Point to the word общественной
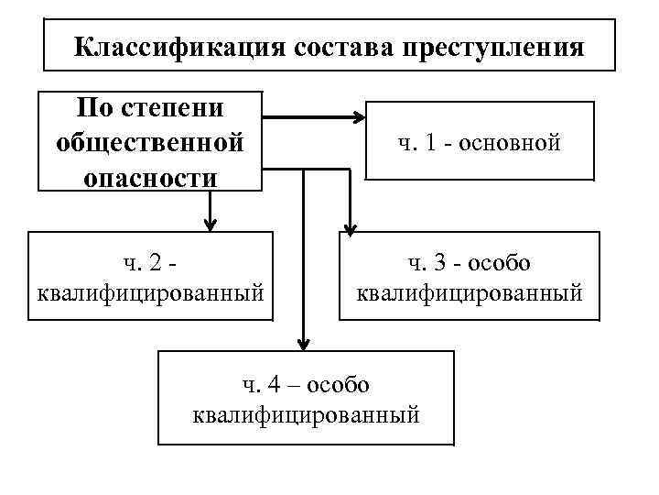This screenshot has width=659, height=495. [150, 143]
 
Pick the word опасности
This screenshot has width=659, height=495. [150, 176]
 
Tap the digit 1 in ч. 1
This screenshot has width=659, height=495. [430, 143]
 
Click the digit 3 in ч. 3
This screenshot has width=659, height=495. [443, 264]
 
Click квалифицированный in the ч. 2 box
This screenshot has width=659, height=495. [150, 293]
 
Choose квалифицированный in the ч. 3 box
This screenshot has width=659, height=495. [469, 293]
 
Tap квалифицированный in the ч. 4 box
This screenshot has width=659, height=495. [307, 415]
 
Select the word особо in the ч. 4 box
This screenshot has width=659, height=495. [337, 386]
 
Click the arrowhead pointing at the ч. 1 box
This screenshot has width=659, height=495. [356, 117]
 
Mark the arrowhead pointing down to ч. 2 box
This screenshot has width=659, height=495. [211, 225]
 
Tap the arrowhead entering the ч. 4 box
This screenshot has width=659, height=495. [303, 343]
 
